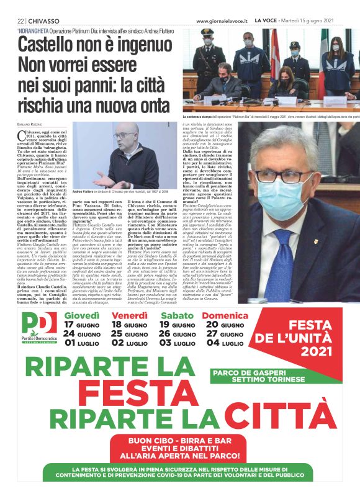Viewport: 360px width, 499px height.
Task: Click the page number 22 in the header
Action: coord(20,20)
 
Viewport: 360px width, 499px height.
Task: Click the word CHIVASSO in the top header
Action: coord(43,20)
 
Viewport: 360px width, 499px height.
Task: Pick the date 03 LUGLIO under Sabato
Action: coord(178,343)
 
